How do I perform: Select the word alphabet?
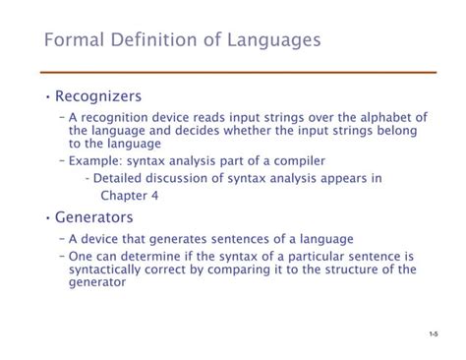click(373, 117)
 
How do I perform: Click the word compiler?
click(295, 159)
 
